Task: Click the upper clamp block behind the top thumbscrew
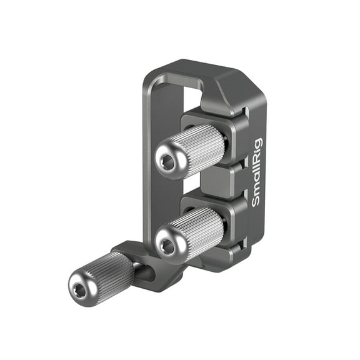coord(234,134)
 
